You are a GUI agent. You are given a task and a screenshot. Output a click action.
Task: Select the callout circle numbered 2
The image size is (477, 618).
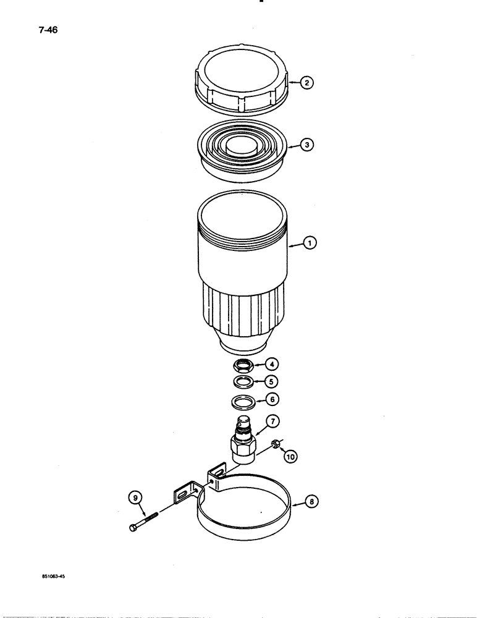306,83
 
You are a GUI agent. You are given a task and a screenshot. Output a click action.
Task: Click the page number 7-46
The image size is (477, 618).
47,30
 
